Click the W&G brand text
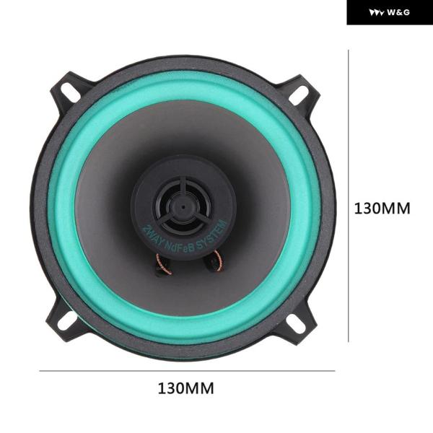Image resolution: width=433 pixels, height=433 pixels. tap(398, 12)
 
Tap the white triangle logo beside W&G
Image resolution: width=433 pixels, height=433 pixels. tap(377, 13)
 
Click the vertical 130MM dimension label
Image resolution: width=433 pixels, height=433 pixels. tap(382, 209)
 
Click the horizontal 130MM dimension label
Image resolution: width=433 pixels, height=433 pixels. tap(186, 388)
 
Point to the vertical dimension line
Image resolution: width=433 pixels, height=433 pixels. tap(349, 196)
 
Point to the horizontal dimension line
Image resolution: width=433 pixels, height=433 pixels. tap(187, 371)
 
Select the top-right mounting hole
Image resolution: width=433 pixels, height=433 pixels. tap(299, 95)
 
